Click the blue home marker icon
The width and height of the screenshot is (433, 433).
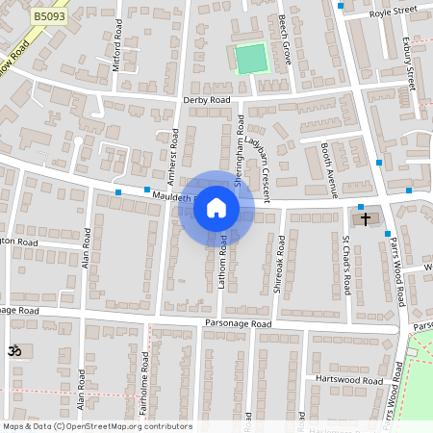(216, 208)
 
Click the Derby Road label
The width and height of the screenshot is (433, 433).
(206, 100)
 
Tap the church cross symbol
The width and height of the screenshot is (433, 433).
(365, 219)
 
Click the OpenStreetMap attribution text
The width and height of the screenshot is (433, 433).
(96, 426)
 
